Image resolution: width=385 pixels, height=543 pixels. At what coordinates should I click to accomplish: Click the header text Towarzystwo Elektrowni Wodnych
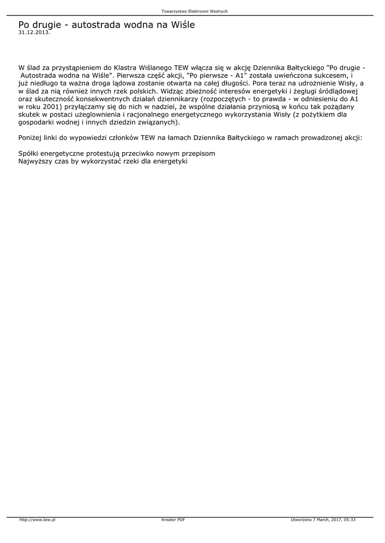coord(194,11)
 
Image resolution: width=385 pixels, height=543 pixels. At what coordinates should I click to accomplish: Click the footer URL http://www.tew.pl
coord(38,520)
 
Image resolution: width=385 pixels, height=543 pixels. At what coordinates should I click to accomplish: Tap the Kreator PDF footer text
coord(173,520)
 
